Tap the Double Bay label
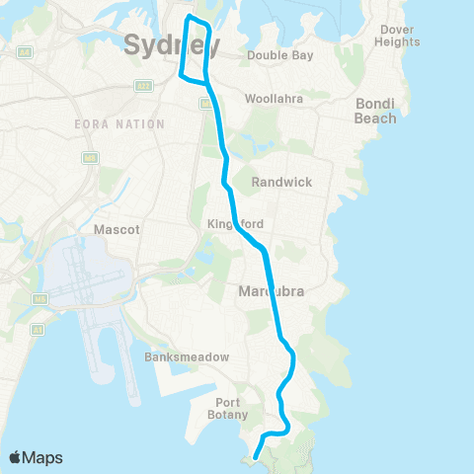click(x=280, y=55)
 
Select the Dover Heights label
click(x=399, y=36)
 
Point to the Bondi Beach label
click(x=375, y=112)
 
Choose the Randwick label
click(x=281, y=183)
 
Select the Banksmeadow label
click(x=174, y=356)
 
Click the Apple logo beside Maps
click(x=16, y=457)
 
